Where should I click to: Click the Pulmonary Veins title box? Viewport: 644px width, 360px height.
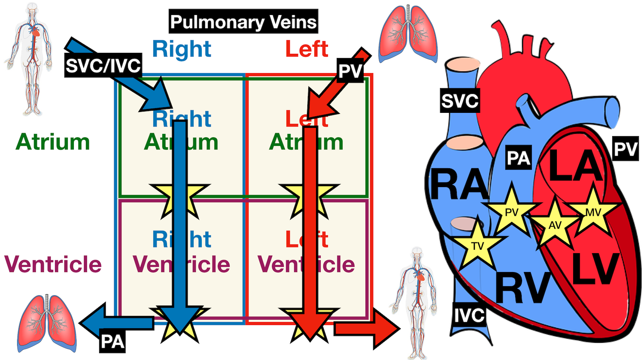point(243,21)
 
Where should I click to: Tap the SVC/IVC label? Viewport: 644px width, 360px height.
point(103,65)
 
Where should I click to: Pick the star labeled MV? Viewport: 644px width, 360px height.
point(593,212)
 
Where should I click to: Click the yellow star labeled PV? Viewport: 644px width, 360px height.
point(511,212)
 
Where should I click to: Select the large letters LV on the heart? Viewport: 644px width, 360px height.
point(595,269)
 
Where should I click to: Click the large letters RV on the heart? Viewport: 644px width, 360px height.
point(523,288)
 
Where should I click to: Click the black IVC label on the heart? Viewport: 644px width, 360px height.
point(469,315)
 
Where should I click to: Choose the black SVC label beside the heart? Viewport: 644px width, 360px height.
point(459,101)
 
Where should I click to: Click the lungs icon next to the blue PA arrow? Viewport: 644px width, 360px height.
point(46,323)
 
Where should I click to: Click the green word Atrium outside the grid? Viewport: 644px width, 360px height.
point(53,142)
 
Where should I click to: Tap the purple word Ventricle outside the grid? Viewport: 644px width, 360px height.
point(53,264)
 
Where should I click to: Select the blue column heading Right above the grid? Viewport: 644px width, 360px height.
point(182,49)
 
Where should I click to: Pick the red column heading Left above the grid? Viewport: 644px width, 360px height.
point(307,49)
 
